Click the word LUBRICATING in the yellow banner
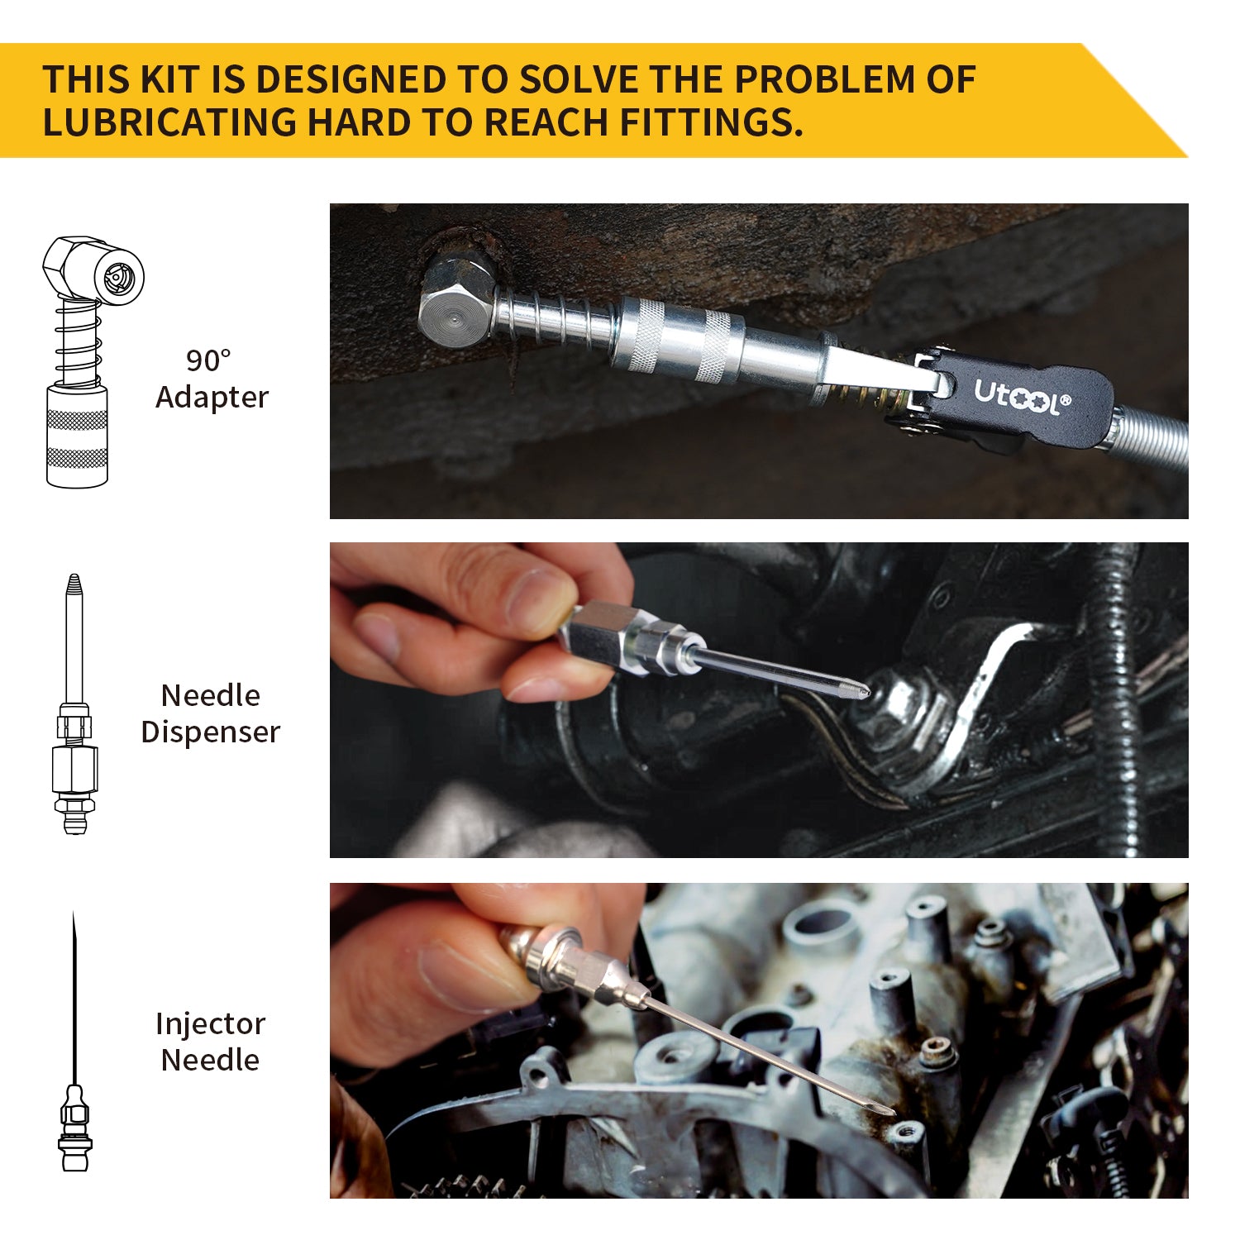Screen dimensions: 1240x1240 click(x=169, y=122)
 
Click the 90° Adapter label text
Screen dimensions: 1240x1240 click(x=212, y=379)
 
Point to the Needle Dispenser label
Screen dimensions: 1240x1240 click(x=211, y=713)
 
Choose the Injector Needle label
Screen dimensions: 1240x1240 click(x=211, y=1042)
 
